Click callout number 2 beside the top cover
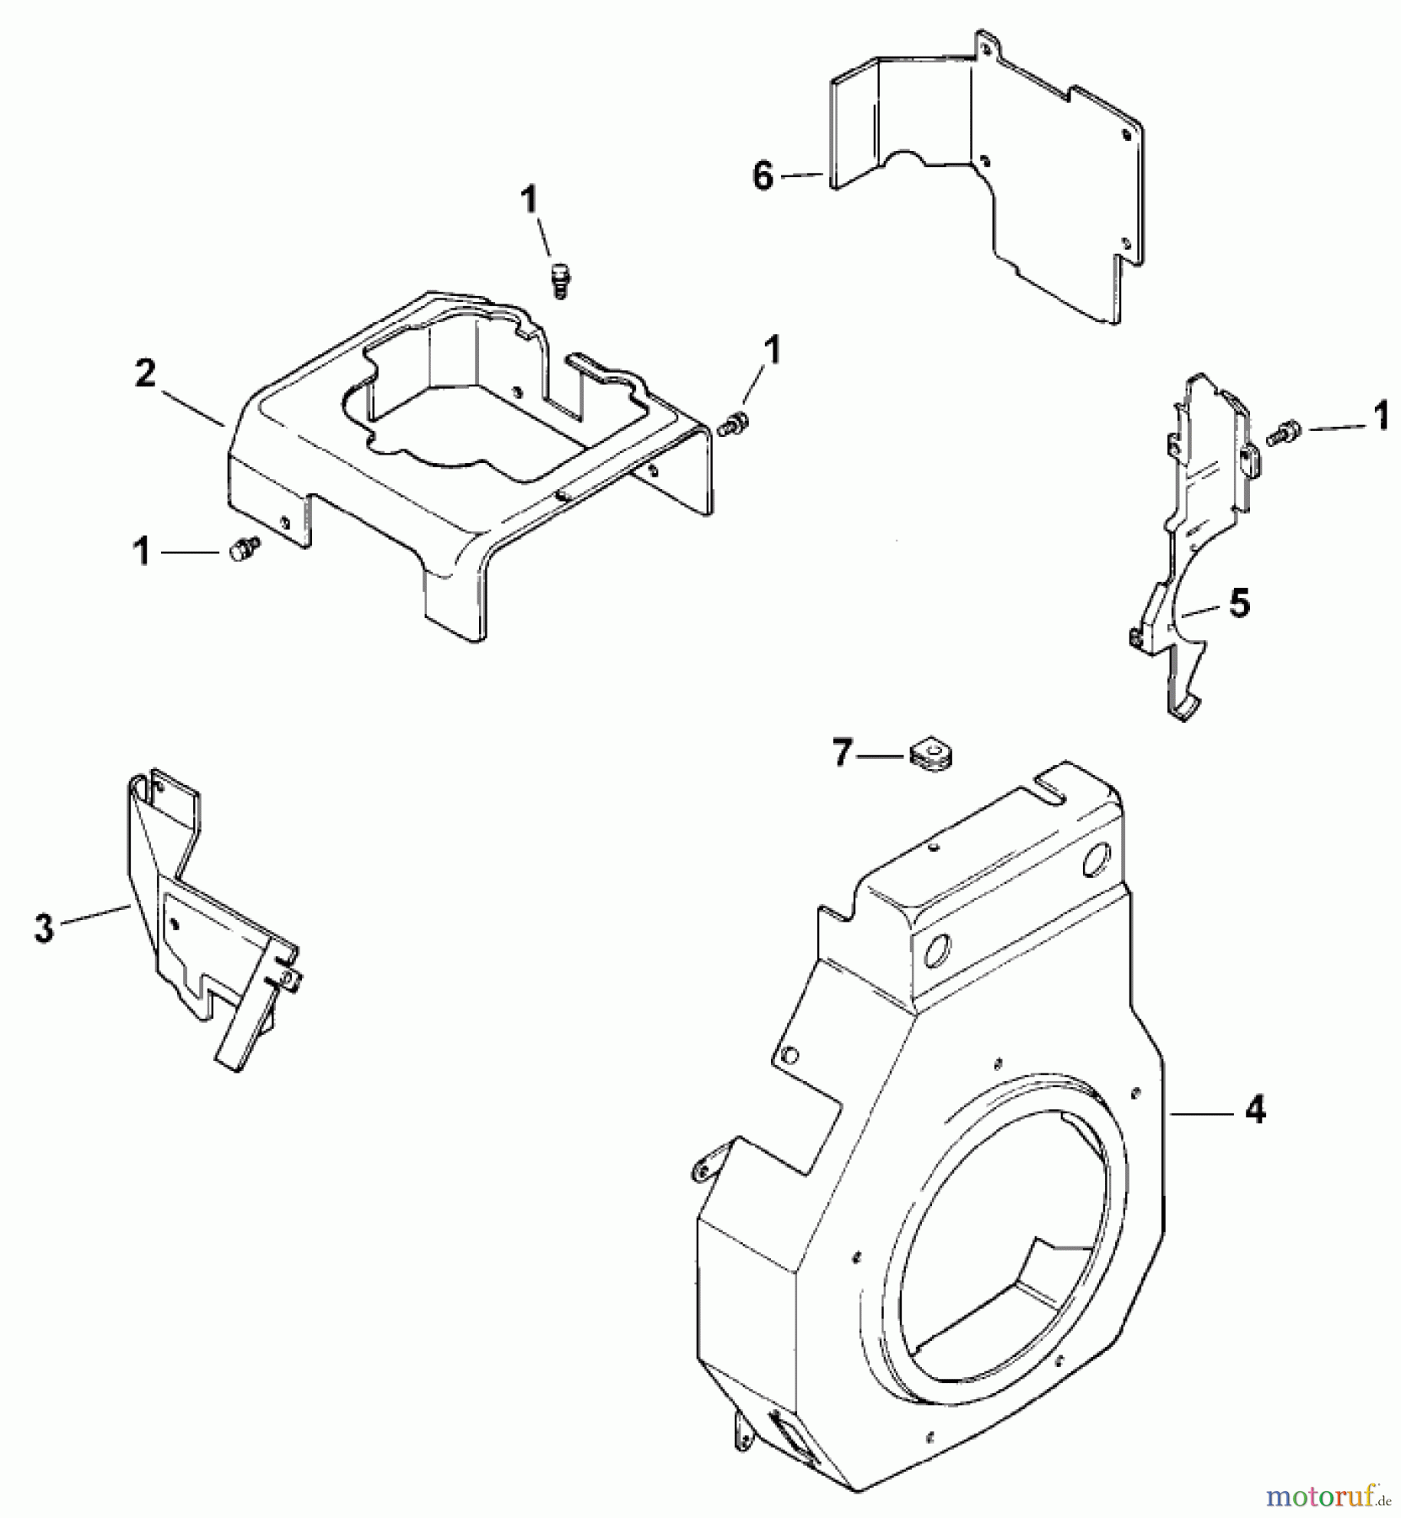click(145, 374)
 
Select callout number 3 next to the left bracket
click(44, 929)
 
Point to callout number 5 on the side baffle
click(1238, 604)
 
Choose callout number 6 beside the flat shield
click(762, 177)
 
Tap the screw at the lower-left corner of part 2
click(243, 548)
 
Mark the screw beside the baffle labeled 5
click(1284, 433)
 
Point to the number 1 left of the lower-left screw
click(143, 552)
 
